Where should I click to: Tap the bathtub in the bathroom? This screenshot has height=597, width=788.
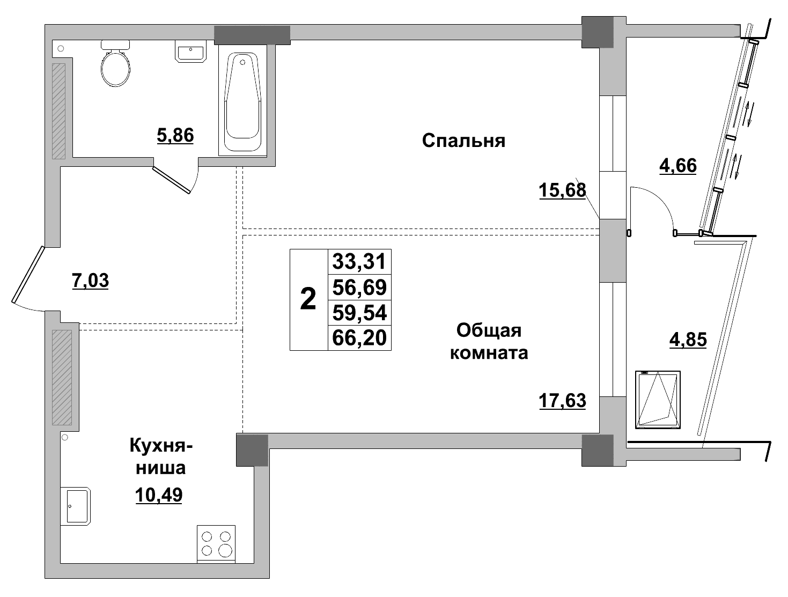click(242, 102)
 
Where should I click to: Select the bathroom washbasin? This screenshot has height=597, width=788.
click(190, 53)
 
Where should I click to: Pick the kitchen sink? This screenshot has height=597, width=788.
click(78, 505)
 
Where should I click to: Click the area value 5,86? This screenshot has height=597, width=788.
click(175, 135)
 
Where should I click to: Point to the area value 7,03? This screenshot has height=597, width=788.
click(90, 280)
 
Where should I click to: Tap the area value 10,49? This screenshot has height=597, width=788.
click(159, 495)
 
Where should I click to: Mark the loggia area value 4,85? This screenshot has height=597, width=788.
click(688, 340)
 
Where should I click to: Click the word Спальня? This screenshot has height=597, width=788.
click(463, 141)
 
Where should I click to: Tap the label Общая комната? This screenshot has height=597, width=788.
click(489, 341)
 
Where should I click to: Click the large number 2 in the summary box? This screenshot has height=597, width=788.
click(308, 299)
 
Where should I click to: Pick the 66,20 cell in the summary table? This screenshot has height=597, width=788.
click(359, 338)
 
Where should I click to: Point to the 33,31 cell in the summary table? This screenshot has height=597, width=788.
click(359, 262)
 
